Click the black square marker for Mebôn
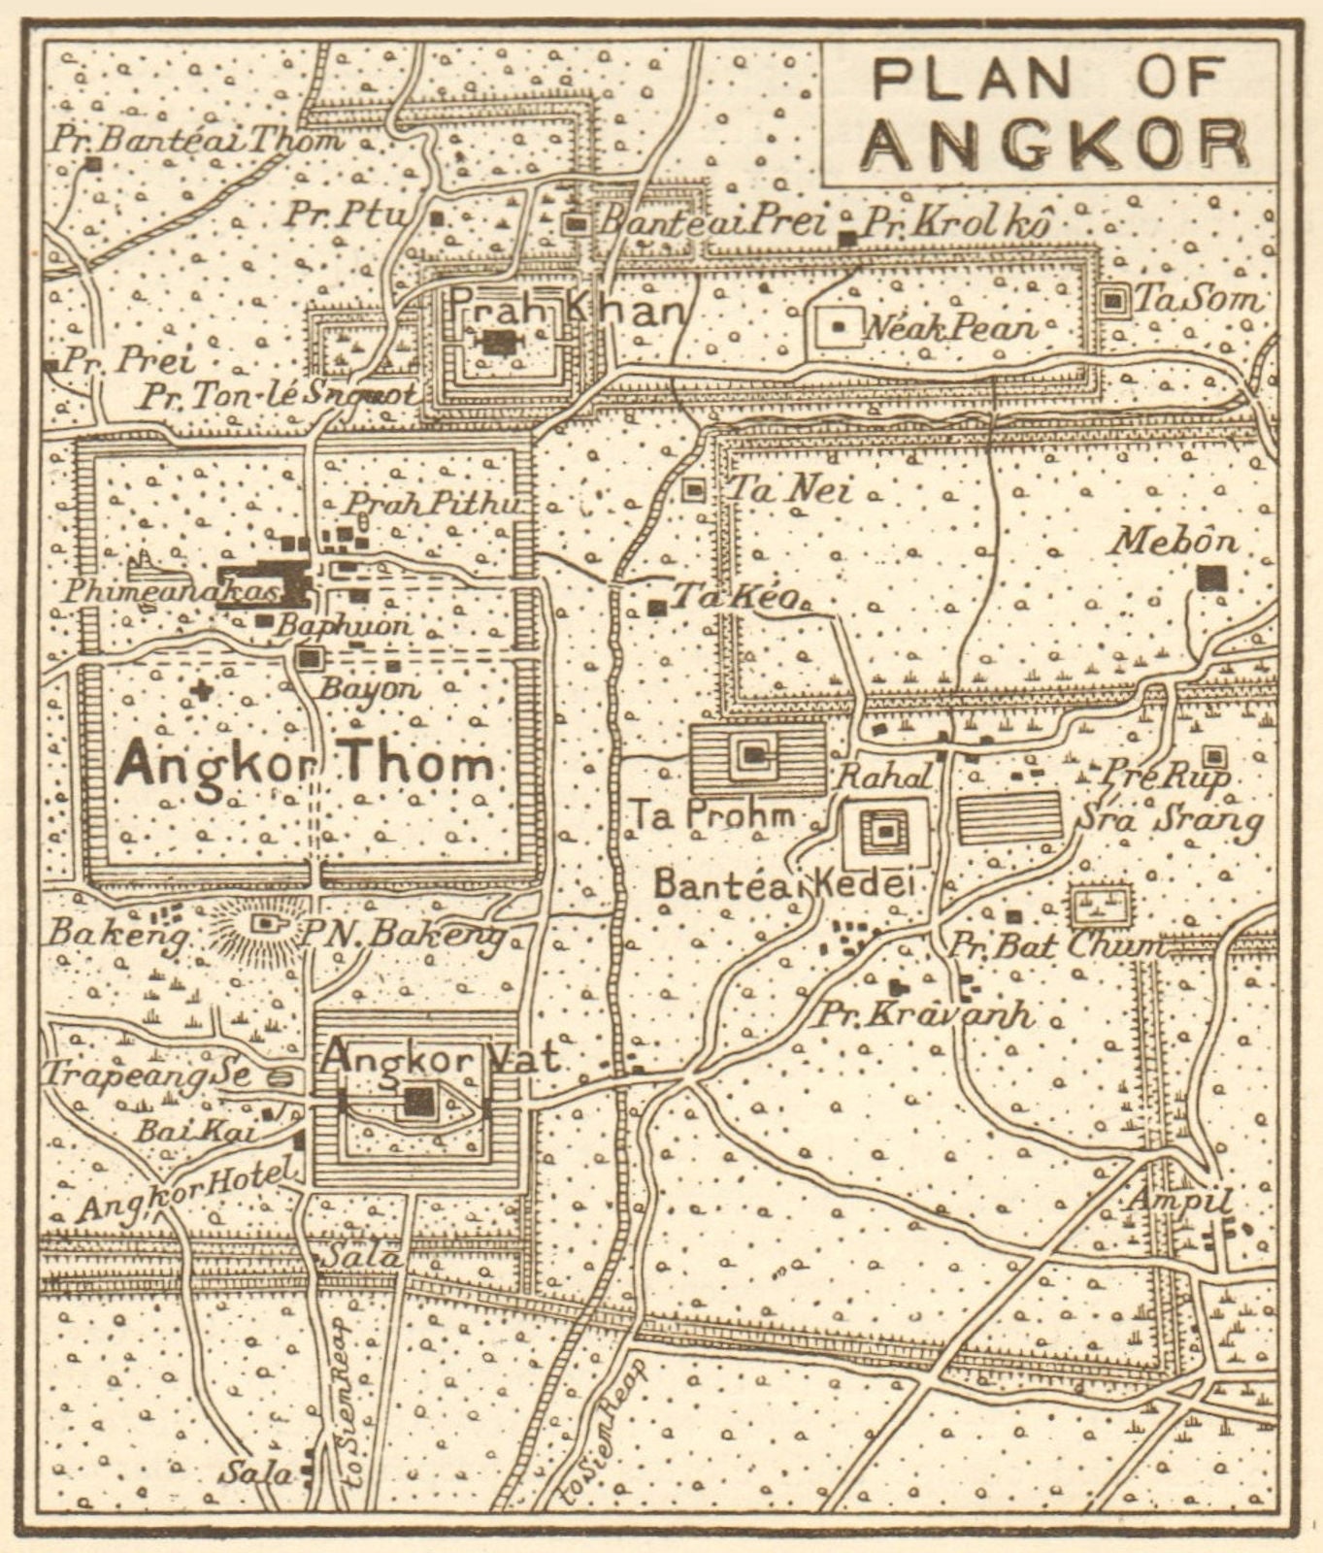pyautogui.click(x=1209, y=578)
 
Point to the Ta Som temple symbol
pyautogui.click(x=1112, y=301)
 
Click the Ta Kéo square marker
pyautogui.click(x=657, y=608)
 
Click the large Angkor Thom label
pyautogui.click(x=304, y=765)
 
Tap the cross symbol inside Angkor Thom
pyautogui.click(x=201, y=691)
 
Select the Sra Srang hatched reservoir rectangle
pyautogui.click(x=1009, y=816)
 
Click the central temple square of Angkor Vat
pyautogui.click(x=418, y=1101)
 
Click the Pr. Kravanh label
pyautogui.click(x=921, y=1014)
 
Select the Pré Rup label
pyautogui.click(x=1166, y=775)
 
